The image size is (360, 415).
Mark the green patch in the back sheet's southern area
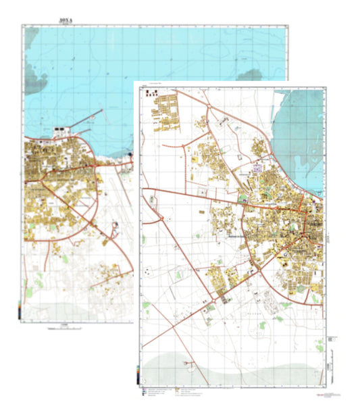click(30, 292)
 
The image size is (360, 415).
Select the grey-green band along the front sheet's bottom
click(230, 368)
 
